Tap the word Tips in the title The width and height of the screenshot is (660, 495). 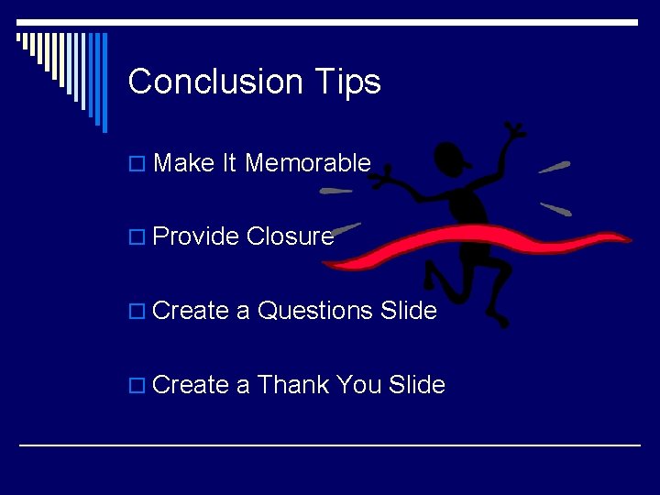coord(346,82)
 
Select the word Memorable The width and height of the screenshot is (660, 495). coord(308,163)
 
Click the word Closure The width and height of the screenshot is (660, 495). coord(290,236)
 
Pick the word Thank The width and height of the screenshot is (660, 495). coord(293,385)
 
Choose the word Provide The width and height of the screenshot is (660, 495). coord(196,236)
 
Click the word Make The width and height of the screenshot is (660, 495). coord(184,163)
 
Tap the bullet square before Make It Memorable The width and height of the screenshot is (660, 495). coord(137,165)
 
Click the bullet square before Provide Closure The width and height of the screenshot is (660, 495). coord(137,238)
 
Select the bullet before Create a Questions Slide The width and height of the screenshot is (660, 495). coord(137,313)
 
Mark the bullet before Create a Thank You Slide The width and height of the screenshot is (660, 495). coord(137,387)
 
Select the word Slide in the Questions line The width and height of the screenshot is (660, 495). coord(408,311)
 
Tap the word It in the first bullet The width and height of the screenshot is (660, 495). coord(229,163)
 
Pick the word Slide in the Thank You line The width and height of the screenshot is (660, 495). coord(417,385)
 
